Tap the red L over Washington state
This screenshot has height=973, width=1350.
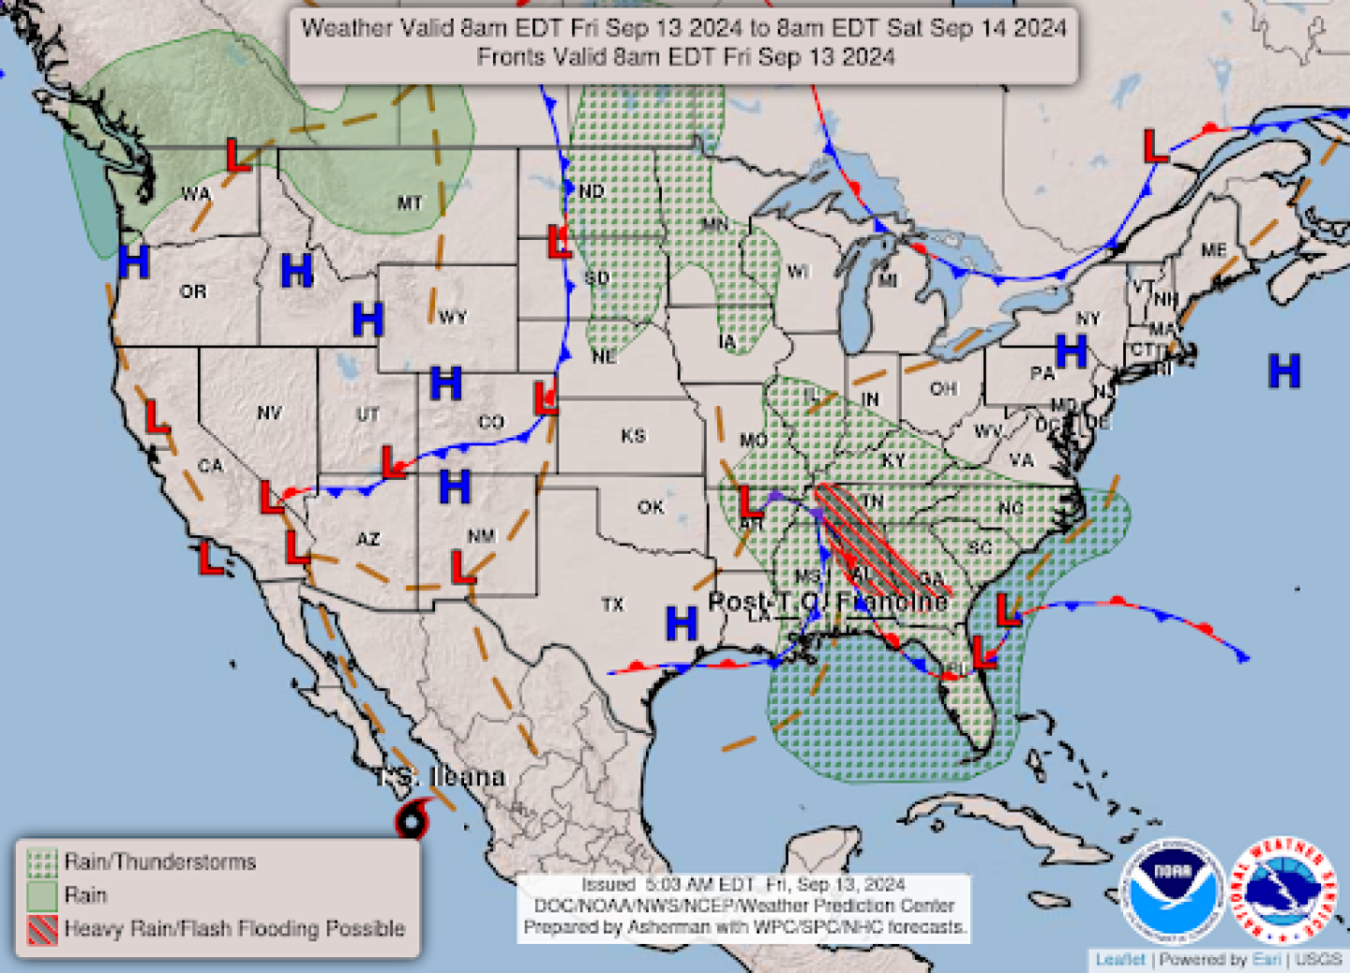point(238,156)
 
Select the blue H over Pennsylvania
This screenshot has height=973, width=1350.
point(1071,352)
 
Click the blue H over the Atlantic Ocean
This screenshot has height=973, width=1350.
point(1283,371)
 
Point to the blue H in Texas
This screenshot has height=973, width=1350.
point(681,623)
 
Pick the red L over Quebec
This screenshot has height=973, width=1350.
point(1155,146)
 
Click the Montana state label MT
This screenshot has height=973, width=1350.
point(410,202)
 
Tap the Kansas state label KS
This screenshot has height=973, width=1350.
point(634,436)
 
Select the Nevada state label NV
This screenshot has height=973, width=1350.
point(269,412)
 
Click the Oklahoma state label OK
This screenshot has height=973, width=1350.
point(651,507)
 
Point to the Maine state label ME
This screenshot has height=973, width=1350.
point(1214,250)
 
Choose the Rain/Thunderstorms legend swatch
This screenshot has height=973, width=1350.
point(42,862)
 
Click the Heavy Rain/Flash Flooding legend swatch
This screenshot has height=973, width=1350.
point(42,930)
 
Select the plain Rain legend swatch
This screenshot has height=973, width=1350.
point(42,896)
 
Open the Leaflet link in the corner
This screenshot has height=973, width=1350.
point(1119,960)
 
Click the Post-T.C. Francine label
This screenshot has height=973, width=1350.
point(828,601)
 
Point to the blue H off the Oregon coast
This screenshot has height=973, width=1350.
point(133,262)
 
